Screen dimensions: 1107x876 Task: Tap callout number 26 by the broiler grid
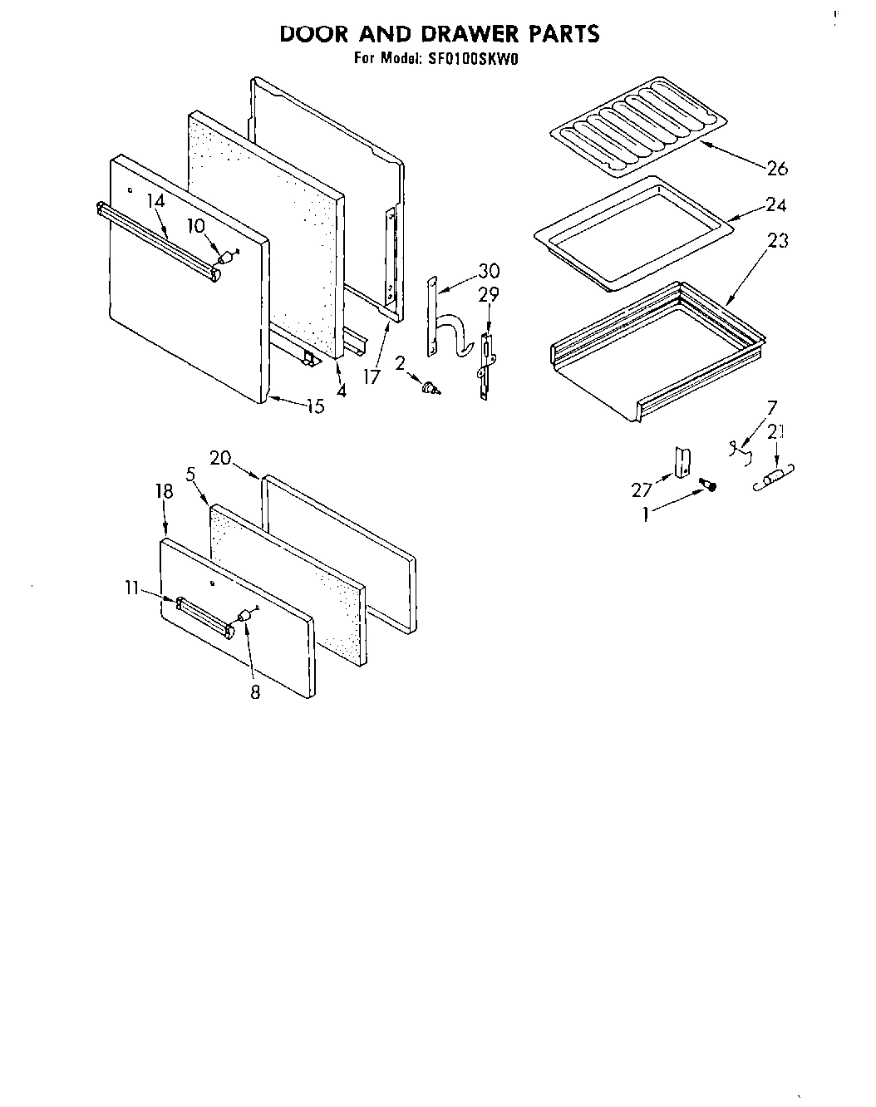pos(776,169)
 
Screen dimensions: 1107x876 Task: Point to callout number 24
pos(775,205)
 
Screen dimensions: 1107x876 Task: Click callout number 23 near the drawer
pos(777,241)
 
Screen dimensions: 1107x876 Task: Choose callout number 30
pos(489,270)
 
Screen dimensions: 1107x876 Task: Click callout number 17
pos(371,376)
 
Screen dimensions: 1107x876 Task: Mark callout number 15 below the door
pos(314,407)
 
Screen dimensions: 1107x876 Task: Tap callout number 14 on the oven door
pos(155,200)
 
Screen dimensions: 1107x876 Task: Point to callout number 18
pos(164,491)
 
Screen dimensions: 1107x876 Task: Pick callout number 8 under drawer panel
pos(255,691)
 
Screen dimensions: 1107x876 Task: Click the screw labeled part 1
pos(709,485)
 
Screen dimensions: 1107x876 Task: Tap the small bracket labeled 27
pos(682,462)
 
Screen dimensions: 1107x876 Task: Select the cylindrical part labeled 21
pos(774,480)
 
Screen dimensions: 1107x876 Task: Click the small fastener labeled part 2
pos(430,387)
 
